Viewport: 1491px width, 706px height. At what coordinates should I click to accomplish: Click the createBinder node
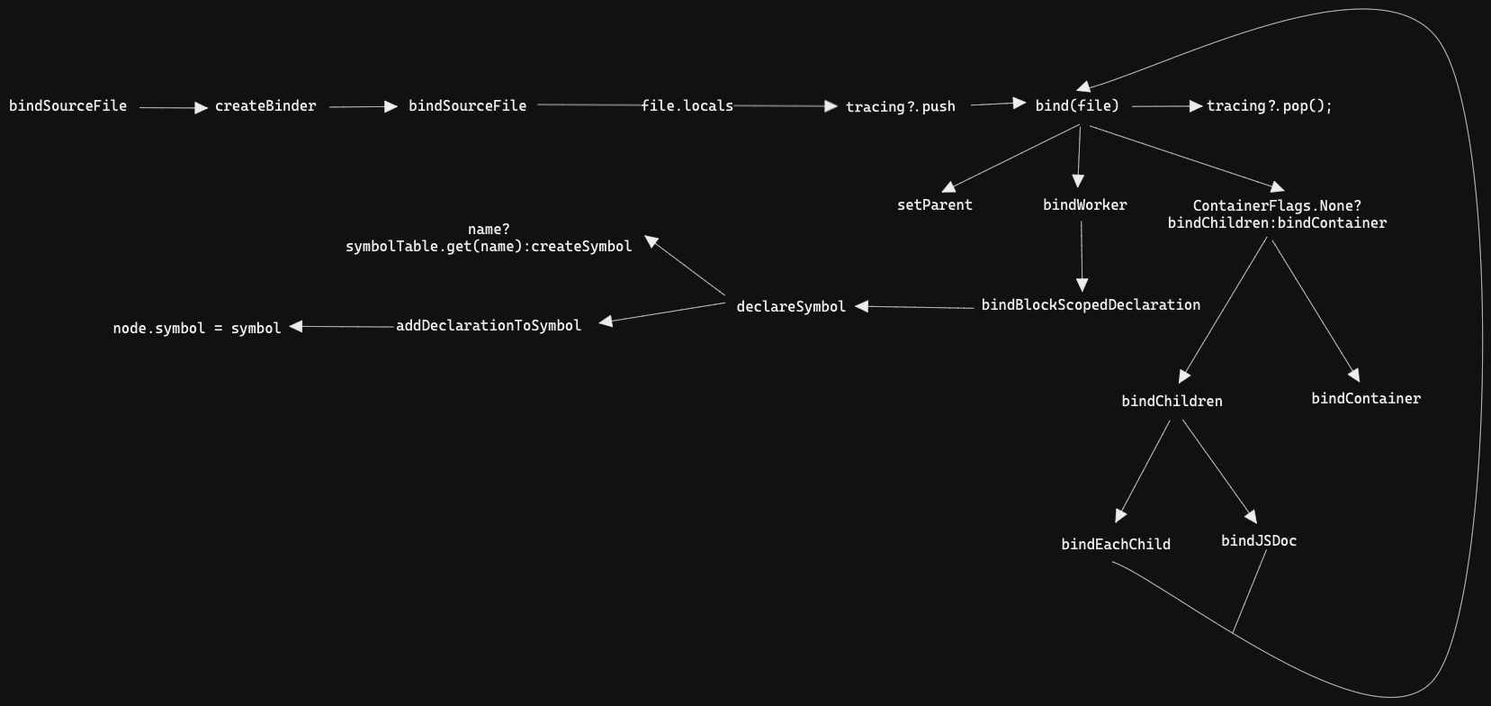pyautogui.click(x=265, y=106)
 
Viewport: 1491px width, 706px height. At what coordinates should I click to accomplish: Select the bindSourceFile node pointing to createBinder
pyautogui.click(x=67, y=106)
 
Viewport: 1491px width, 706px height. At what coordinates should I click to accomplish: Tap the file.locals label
pyautogui.click(x=687, y=106)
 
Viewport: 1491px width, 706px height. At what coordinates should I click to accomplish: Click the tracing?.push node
pyautogui.click(x=900, y=106)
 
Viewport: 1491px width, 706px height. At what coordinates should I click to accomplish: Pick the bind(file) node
pyautogui.click(x=1077, y=106)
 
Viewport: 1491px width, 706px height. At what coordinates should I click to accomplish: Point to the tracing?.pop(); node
pyautogui.click(x=1270, y=106)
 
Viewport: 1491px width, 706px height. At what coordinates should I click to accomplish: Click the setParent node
pyautogui.click(x=935, y=205)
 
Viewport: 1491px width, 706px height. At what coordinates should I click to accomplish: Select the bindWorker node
pyautogui.click(x=1085, y=205)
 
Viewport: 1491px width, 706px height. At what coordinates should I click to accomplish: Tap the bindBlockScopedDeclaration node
pyautogui.click(x=1091, y=305)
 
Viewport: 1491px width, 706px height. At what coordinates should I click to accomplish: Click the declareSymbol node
pyautogui.click(x=791, y=306)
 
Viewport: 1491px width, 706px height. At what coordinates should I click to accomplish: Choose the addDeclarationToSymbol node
pyautogui.click(x=489, y=326)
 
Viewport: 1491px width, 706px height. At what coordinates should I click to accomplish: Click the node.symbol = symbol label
pyautogui.click(x=197, y=329)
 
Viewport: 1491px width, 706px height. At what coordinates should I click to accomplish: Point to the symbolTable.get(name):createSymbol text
pyautogui.click(x=489, y=247)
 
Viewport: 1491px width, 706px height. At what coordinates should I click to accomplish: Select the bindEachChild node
pyautogui.click(x=1116, y=544)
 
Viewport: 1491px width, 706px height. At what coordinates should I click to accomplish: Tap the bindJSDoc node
pyautogui.click(x=1259, y=541)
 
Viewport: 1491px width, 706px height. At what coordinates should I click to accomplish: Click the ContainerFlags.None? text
pyautogui.click(x=1278, y=206)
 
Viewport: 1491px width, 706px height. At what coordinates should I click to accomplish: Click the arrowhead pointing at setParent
pyautogui.click(x=949, y=187)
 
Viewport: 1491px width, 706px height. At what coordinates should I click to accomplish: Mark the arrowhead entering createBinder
pyautogui.click(x=201, y=108)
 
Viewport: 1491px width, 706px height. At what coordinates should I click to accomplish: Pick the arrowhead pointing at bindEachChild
pyautogui.click(x=1120, y=515)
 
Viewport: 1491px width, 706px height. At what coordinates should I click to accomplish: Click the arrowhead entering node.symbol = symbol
pyautogui.click(x=296, y=326)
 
